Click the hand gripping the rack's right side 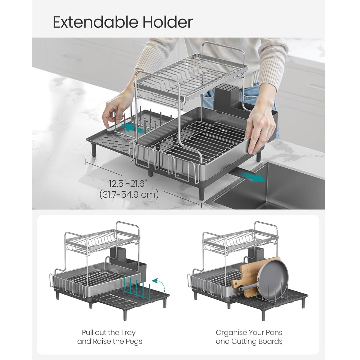click(259, 123)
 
